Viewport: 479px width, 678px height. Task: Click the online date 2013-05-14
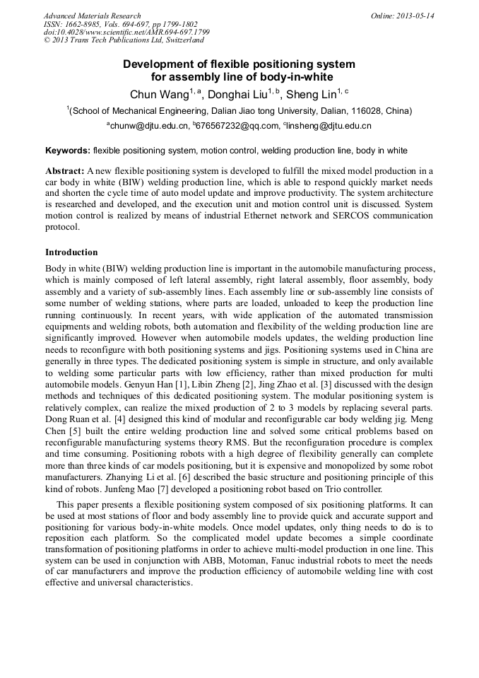pos(413,16)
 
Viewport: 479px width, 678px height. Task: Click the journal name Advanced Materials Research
pos(92,16)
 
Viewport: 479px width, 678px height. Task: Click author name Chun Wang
pos(156,95)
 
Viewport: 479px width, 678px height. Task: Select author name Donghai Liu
pos(237,95)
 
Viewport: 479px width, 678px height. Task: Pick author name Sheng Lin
pos(310,95)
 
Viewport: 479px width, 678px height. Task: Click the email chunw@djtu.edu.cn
pos(149,127)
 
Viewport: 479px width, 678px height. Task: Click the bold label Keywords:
pos(68,151)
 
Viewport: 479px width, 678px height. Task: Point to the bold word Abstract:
pos(64,171)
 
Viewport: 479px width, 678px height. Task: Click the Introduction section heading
pos(71,252)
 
